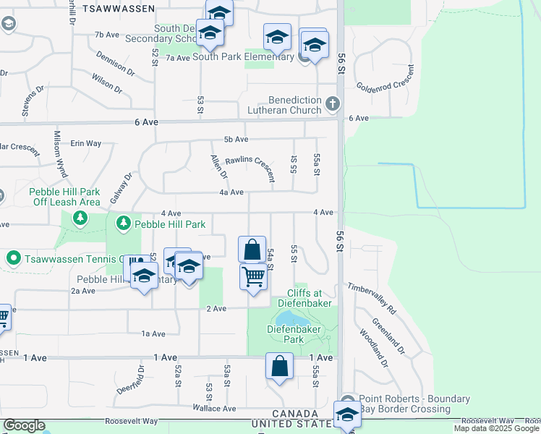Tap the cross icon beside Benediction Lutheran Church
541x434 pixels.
pos(333,103)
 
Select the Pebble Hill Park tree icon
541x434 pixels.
pos(124,224)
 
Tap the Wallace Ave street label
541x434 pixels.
pos(214,409)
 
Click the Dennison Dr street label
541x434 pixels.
pos(114,64)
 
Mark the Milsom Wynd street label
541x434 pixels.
pos(60,153)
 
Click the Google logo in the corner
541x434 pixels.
pos(24,425)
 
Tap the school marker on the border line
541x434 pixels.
pos(346,415)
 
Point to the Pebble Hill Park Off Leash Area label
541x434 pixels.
pos(64,197)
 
